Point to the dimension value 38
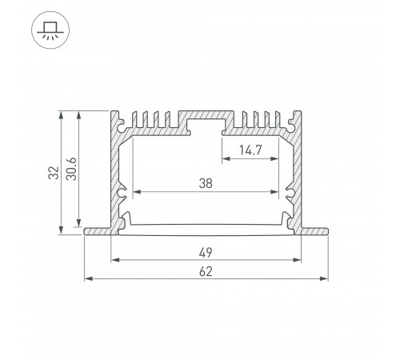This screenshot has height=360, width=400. (x=206, y=183)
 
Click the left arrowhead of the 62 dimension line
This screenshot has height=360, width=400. (x=88, y=278)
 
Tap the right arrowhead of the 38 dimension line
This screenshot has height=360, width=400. (x=281, y=192)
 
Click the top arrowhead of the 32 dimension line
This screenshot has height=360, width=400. (x=61, y=114)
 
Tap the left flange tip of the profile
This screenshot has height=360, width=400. (x=86, y=231)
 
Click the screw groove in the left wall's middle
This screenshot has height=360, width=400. (x=122, y=193)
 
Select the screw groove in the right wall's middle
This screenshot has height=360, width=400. (x=291, y=193)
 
